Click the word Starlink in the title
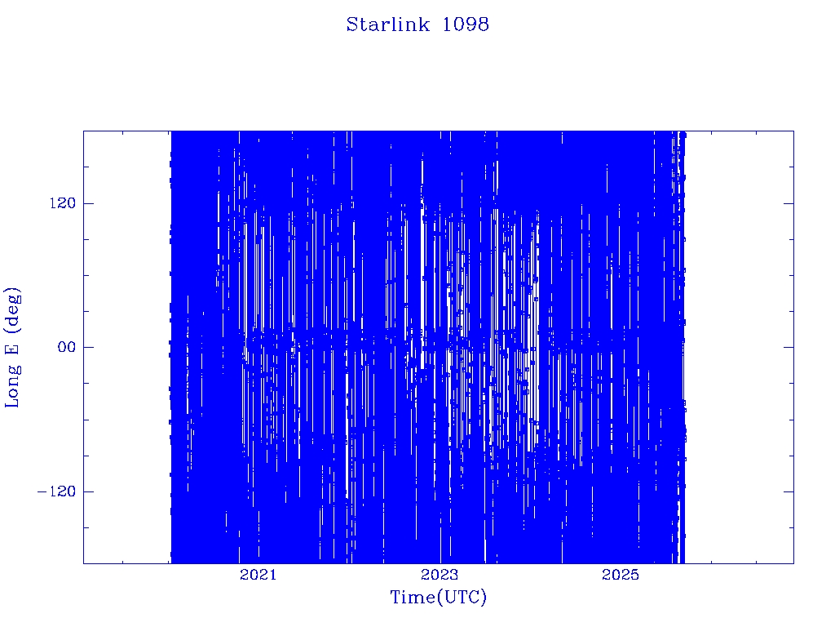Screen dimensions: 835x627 click(x=387, y=24)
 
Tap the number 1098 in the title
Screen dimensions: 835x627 click(x=466, y=24)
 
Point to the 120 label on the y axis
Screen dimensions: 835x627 click(x=63, y=203)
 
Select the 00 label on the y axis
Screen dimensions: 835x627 click(x=67, y=347)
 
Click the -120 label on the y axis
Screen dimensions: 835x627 click(x=56, y=491)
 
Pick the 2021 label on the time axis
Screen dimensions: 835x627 click(x=258, y=574)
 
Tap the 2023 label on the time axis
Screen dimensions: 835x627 click(x=440, y=574)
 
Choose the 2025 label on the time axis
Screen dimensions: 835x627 click(x=621, y=574)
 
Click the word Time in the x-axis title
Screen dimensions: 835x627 click(x=413, y=597)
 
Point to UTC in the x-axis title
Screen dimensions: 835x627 click(x=462, y=597)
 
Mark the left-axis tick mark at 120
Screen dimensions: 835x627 click(x=88, y=203)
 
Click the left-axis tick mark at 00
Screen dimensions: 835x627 click(x=88, y=347)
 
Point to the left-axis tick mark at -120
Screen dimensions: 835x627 click(x=88, y=491)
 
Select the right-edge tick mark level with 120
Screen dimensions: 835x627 click(x=789, y=203)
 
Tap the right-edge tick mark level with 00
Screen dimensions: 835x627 click(x=789, y=347)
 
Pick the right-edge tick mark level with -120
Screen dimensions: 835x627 click(x=789, y=491)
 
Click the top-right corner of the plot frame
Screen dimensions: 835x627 click(x=793, y=131)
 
